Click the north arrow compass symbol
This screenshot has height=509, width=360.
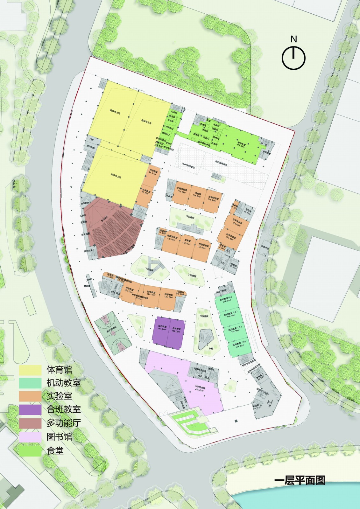[293, 58]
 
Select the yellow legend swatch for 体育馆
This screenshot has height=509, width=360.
[30, 370]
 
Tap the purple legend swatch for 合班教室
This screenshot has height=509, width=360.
[30, 410]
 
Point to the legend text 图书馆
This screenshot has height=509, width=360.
[59, 437]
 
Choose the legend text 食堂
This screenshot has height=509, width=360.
[55, 450]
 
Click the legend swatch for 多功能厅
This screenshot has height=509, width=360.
[30, 423]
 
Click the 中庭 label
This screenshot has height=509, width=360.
[211, 349]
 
